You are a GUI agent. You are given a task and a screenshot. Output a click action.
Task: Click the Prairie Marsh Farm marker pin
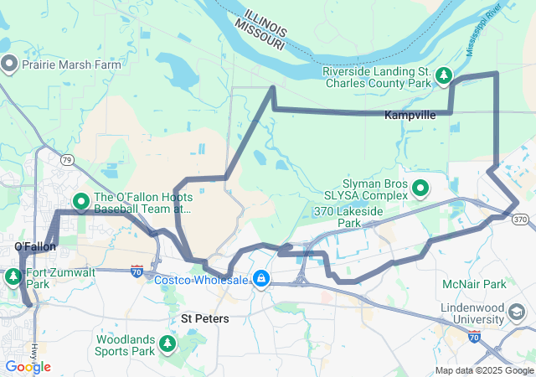click(x=10, y=64)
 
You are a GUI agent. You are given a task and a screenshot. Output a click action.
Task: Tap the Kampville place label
click(x=410, y=116)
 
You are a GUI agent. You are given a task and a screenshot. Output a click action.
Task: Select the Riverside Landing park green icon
click(x=443, y=78)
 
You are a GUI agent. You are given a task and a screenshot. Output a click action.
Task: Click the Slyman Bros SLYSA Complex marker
click(x=420, y=188)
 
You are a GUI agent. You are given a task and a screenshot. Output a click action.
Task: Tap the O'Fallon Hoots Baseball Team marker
click(x=81, y=201)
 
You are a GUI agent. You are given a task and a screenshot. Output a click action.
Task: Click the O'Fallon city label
click(x=35, y=246)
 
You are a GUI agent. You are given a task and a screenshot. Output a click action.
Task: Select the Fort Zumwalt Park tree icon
click(x=13, y=277)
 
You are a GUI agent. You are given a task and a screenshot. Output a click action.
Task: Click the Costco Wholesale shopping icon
click(x=261, y=278)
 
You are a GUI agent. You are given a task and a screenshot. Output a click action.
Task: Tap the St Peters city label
click(x=206, y=319)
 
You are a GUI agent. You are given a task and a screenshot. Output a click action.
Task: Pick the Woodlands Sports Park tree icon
click(x=167, y=344)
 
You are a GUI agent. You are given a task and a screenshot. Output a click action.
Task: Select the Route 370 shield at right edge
click(x=520, y=219)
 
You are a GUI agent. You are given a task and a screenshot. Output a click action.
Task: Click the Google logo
click(x=28, y=367)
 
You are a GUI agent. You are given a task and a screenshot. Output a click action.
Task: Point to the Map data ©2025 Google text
click(x=484, y=371)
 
